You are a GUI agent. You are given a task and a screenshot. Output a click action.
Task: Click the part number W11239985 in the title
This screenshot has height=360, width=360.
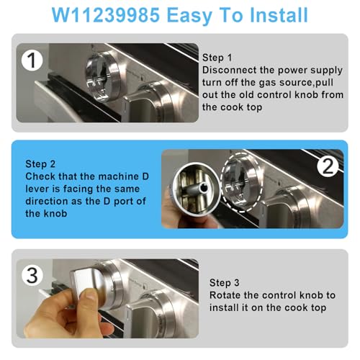(106, 15)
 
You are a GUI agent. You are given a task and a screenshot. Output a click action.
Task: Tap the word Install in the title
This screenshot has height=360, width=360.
(279, 15)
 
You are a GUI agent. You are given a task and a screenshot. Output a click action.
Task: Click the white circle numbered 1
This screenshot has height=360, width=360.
(32, 60)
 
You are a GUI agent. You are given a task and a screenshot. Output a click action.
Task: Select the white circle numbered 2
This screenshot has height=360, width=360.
(328, 166)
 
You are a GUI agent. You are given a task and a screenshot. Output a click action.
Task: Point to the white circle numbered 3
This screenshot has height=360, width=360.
(32, 275)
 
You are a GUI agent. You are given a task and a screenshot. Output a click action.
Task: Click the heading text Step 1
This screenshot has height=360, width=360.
(217, 58)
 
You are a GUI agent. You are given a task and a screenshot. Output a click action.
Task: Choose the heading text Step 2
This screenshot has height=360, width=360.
(40, 164)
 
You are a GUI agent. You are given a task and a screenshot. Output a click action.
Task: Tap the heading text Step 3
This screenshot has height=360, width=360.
(225, 283)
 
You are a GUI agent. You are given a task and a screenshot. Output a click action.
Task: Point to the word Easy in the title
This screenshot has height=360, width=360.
(189, 16)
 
